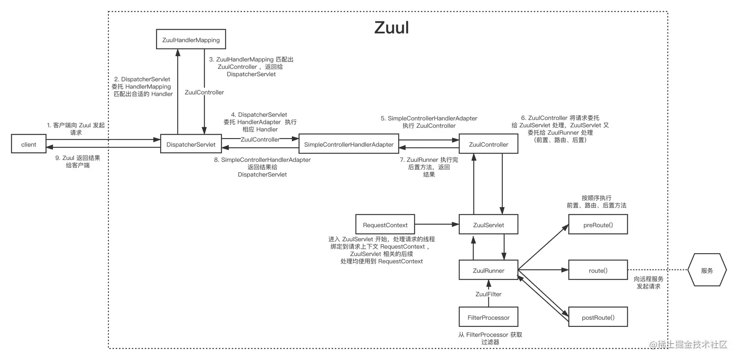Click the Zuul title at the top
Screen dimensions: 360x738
[391, 28]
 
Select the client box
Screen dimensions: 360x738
[29, 144]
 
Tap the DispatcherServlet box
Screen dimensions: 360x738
[191, 144]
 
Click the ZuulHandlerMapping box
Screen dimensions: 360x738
[191, 40]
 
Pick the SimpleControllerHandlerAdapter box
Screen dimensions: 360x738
[348, 144]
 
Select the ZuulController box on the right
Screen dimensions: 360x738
[488, 144]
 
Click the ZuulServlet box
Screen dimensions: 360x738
[488, 225]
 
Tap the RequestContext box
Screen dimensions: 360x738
[385, 225]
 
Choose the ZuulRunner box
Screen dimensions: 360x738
[488, 270]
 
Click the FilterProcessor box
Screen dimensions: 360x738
[488, 318]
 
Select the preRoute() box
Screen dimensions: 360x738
[597, 225]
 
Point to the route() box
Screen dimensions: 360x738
[597, 270]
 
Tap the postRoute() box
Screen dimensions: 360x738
[597, 318]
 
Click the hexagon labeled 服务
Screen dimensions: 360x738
[706, 270]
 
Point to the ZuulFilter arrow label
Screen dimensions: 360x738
[488, 294]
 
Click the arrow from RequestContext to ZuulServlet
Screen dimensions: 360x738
[436, 224]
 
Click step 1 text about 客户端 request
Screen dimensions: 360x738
[76, 129]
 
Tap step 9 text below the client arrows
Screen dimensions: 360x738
[75, 161]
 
